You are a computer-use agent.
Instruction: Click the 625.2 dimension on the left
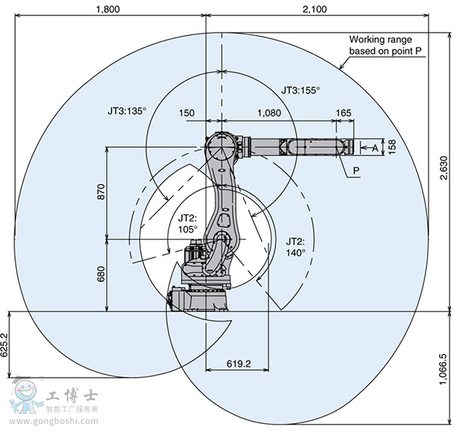[x=6, y=345]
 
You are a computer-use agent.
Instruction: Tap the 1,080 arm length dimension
[x=271, y=113]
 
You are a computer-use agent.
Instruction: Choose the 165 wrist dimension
[x=343, y=113]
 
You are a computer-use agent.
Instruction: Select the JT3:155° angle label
[x=300, y=90]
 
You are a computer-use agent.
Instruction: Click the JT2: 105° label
[x=187, y=222]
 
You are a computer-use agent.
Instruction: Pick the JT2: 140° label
[x=296, y=246]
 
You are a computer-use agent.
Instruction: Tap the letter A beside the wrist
[x=375, y=148]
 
